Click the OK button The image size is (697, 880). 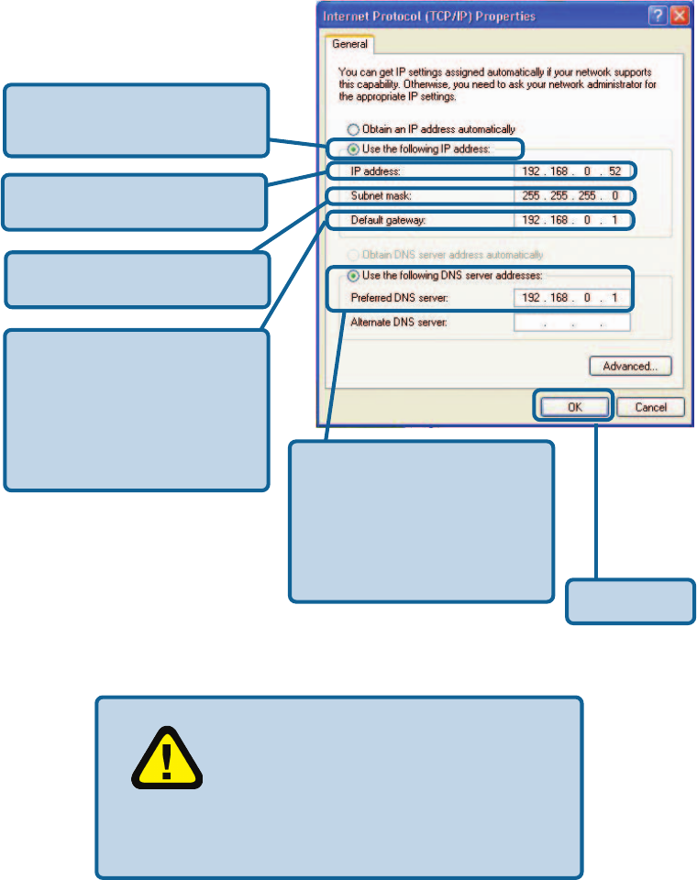click(574, 407)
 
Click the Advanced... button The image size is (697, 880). click(630, 367)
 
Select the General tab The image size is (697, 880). click(350, 44)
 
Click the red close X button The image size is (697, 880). click(679, 16)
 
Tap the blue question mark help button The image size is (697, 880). click(658, 16)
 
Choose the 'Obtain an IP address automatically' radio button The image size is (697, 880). click(351, 129)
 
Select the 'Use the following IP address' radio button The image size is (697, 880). click(351, 148)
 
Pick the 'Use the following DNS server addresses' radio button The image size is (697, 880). click(351, 275)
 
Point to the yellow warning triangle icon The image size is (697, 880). click(166, 757)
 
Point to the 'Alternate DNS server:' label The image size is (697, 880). click(396, 323)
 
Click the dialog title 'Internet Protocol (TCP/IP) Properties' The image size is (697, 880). click(429, 16)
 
